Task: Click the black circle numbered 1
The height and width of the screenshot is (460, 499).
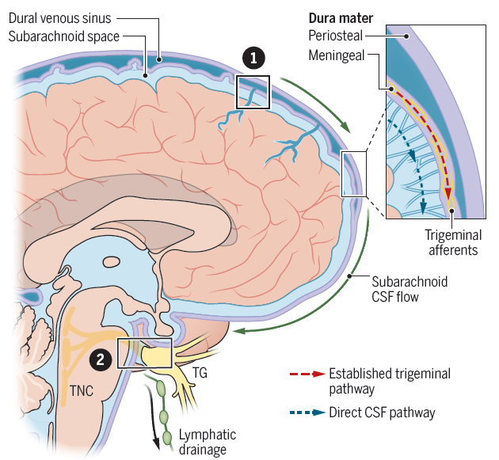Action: tap(253, 58)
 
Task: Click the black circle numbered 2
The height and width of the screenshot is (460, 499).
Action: tap(101, 359)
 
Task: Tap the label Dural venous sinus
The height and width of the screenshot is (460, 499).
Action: tap(60, 18)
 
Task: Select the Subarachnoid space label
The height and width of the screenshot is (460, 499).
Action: tap(63, 36)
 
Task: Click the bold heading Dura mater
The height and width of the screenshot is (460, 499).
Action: tap(341, 18)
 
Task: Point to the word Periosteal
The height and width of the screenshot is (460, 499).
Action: tap(335, 36)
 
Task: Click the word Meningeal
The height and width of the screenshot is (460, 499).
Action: tap(337, 55)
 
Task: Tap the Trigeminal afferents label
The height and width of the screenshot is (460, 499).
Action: tap(453, 242)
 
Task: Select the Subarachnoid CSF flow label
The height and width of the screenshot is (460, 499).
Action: tap(409, 289)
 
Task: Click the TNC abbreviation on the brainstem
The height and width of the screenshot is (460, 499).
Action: tap(82, 391)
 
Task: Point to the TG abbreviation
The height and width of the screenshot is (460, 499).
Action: tap(200, 373)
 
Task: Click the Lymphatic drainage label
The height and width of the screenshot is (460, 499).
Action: tap(208, 442)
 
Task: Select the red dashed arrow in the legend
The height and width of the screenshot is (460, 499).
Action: tap(307, 374)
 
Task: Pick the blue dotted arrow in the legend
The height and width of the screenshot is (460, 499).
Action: tap(307, 412)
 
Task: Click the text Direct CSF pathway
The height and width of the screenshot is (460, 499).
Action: tap(382, 412)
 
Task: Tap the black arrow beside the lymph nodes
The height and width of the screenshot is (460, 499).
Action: tap(152, 416)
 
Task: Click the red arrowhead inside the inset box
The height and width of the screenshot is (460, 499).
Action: tap(448, 193)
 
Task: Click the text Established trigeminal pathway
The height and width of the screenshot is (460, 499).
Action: tap(390, 381)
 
